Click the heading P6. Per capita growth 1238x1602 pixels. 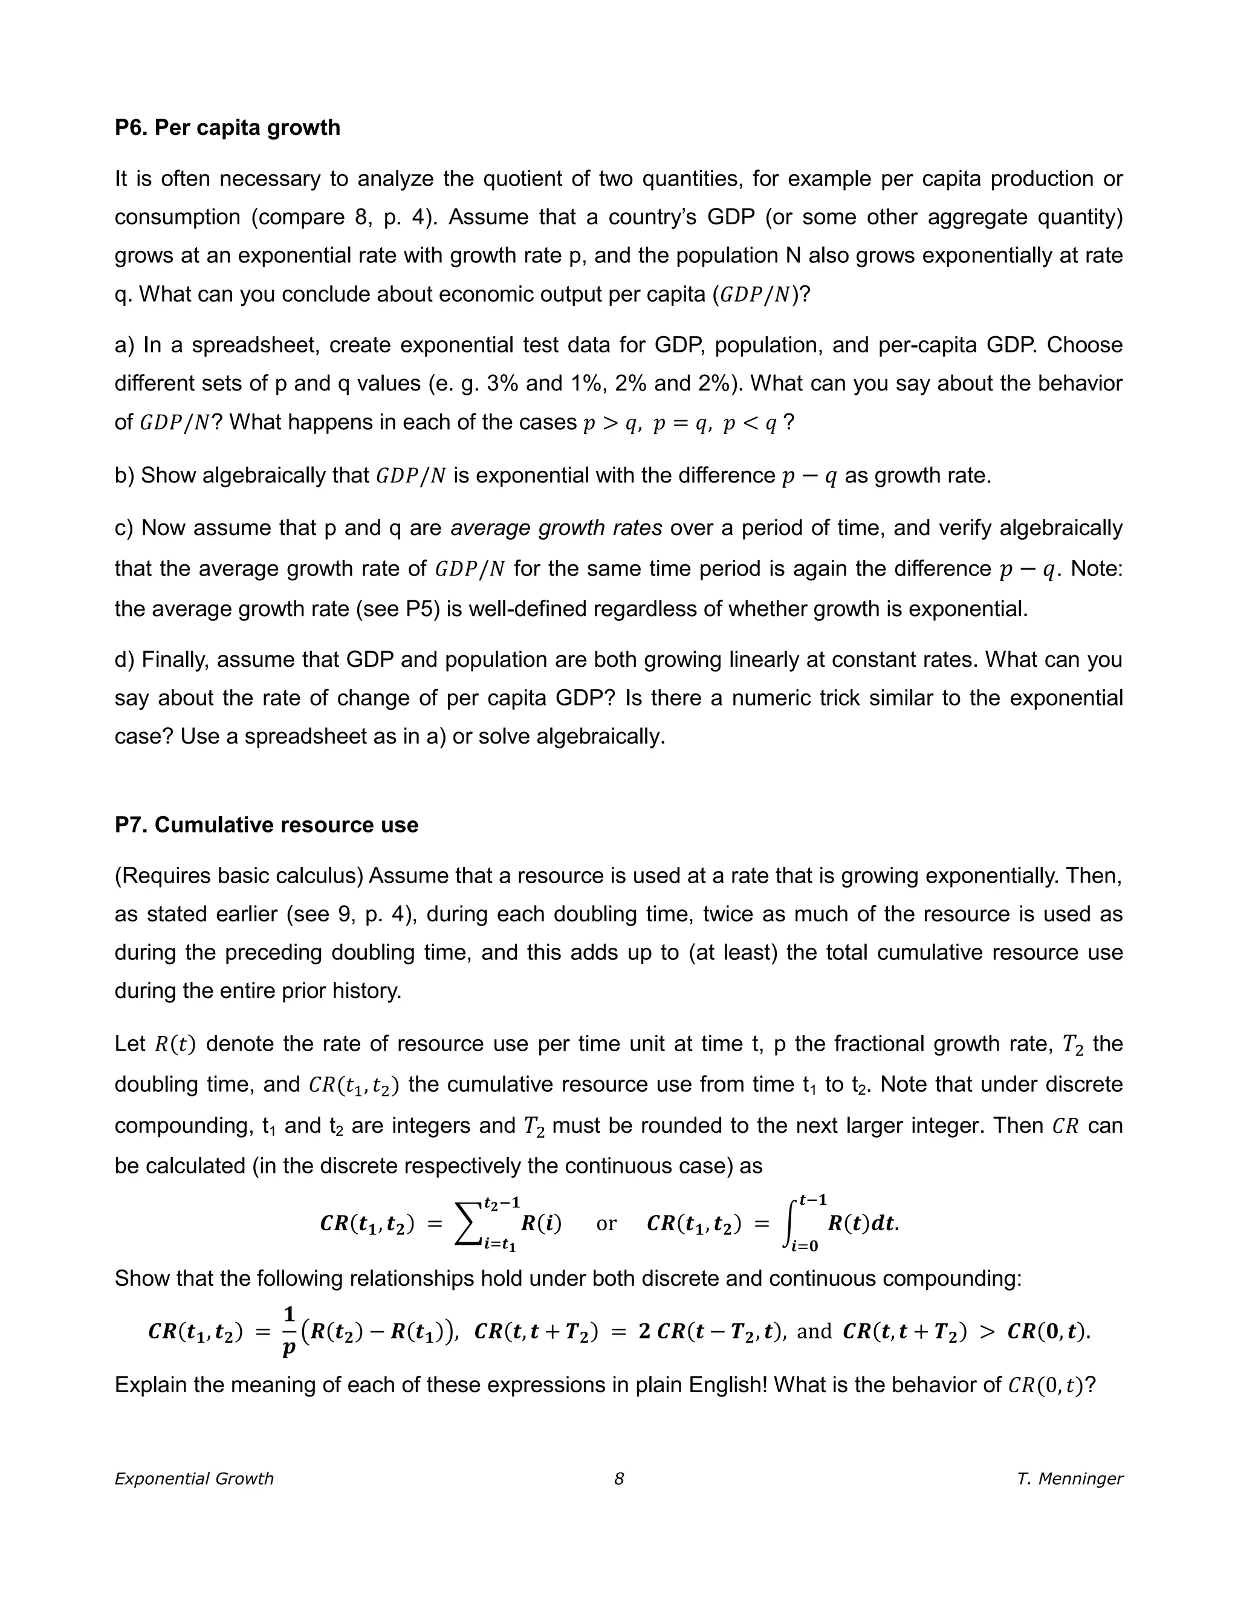pyautogui.click(x=227, y=128)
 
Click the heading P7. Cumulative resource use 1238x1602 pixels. pyautogui.click(x=266, y=825)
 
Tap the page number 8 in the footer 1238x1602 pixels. pyautogui.click(x=619, y=1478)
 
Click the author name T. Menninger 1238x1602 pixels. pyautogui.click(x=1069, y=1478)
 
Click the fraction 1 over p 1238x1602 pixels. pyautogui.click(x=289, y=1331)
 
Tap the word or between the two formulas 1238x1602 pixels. pyautogui.click(x=606, y=1224)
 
